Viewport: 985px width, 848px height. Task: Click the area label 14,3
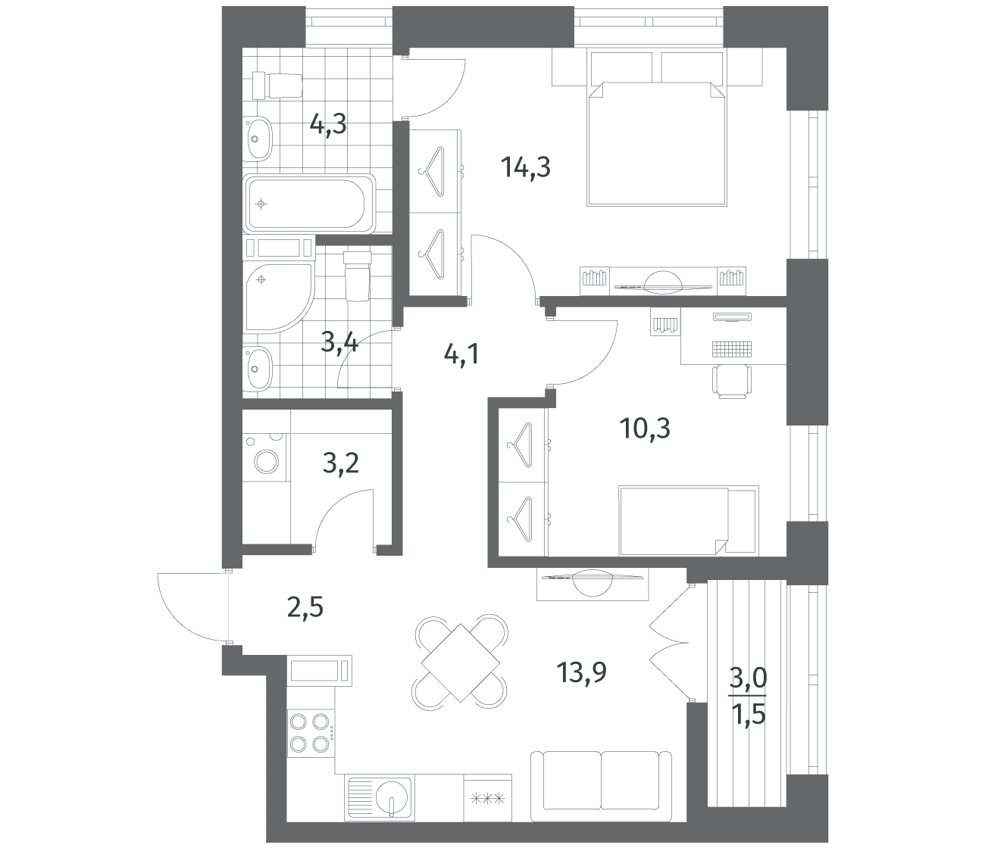tap(526, 167)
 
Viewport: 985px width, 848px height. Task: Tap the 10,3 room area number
tap(645, 429)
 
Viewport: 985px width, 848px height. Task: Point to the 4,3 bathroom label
tap(328, 126)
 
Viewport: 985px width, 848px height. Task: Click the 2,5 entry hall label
tap(305, 608)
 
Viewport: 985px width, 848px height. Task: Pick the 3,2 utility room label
tap(341, 463)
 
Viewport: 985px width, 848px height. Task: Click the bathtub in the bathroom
tap(309, 204)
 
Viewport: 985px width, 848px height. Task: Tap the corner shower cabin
tap(279, 296)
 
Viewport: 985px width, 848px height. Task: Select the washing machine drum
tap(267, 461)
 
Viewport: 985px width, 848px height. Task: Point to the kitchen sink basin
tap(392, 796)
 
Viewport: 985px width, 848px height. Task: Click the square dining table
tap(461, 662)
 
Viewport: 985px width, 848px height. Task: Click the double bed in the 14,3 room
tap(657, 144)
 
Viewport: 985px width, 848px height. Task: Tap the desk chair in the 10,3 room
tap(732, 381)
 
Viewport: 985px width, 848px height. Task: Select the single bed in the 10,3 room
tap(689, 520)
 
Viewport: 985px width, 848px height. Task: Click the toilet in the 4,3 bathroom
tap(277, 86)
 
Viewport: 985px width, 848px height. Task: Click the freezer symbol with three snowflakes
tap(487, 799)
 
